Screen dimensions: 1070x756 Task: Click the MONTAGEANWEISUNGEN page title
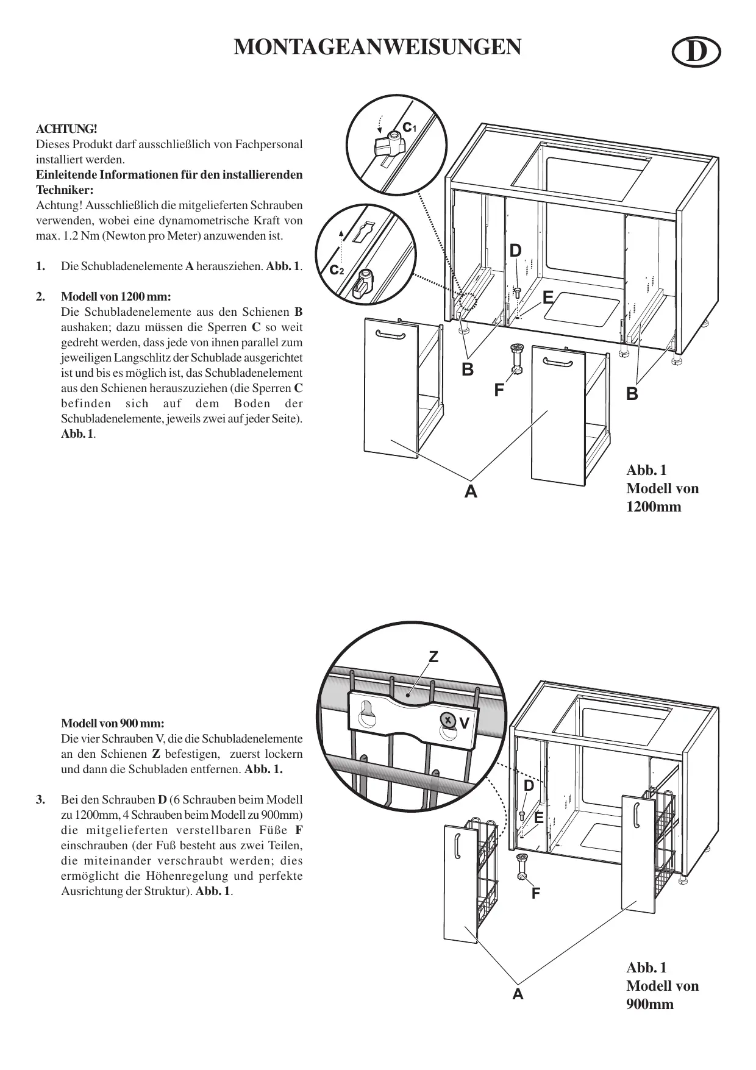click(377, 48)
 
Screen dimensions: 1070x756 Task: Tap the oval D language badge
click(696, 54)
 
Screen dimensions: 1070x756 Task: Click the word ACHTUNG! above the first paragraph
click(66, 129)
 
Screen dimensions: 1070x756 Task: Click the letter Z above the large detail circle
click(433, 657)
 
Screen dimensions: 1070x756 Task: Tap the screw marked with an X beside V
click(448, 720)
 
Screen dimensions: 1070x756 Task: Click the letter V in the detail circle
click(465, 724)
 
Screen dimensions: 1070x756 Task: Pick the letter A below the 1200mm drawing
click(471, 491)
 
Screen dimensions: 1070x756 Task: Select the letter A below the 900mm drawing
click(518, 995)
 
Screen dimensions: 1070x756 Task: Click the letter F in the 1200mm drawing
click(499, 390)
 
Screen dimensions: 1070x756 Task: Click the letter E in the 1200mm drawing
click(548, 298)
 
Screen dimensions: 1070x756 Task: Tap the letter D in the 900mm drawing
click(529, 786)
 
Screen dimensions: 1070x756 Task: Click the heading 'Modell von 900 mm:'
click(112, 724)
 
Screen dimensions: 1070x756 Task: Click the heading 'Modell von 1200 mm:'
click(116, 297)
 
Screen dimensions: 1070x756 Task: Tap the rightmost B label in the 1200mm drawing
click(632, 394)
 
